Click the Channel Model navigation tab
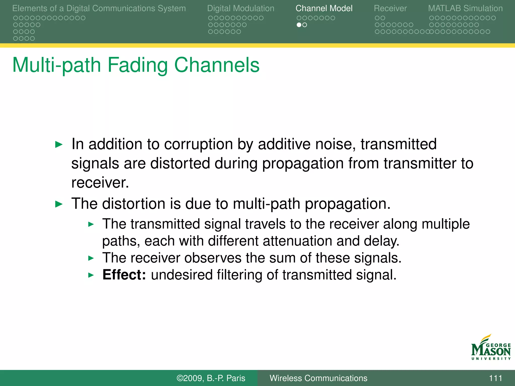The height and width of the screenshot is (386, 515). click(x=324, y=8)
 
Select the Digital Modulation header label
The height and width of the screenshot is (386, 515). click(x=241, y=8)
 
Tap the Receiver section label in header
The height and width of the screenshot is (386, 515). click(x=390, y=8)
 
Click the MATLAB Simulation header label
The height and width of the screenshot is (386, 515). click(x=465, y=8)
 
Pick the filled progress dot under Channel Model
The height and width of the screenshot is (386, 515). click(x=299, y=25)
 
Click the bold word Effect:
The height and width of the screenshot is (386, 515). click(x=124, y=275)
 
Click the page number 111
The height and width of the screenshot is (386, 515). click(x=495, y=378)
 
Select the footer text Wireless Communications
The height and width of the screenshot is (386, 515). click(x=318, y=378)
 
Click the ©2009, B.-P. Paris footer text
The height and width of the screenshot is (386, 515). click(x=211, y=378)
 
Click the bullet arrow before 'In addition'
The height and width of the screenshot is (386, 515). click(x=59, y=144)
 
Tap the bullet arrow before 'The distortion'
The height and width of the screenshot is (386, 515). click(x=59, y=204)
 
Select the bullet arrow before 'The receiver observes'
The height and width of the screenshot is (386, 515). click(x=91, y=258)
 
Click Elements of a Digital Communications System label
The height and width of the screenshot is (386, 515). click(x=99, y=8)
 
